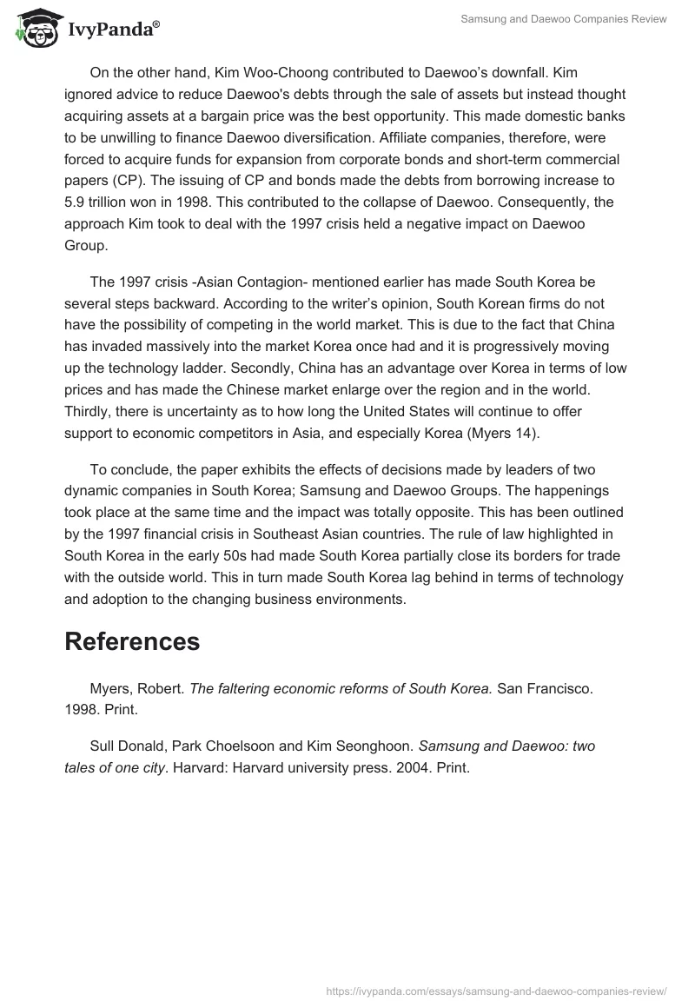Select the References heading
click(x=132, y=641)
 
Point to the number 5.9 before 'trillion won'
click(x=76, y=202)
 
